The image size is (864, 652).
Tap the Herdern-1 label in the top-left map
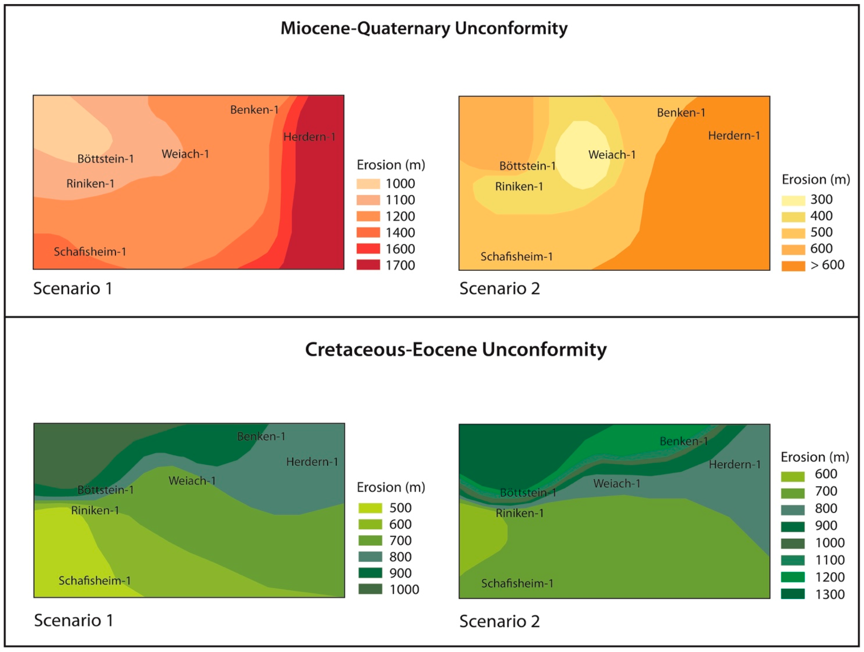(x=309, y=137)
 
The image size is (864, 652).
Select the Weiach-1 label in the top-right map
(x=612, y=155)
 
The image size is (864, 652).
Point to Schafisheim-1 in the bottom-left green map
(x=95, y=581)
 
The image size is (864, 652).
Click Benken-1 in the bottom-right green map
(x=684, y=441)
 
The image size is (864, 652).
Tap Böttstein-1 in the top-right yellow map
(x=527, y=166)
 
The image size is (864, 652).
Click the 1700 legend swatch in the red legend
(x=368, y=265)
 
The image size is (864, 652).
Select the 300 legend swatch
(x=793, y=200)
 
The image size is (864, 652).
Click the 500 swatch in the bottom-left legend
(x=370, y=508)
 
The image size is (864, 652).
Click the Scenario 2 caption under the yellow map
(x=499, y=289)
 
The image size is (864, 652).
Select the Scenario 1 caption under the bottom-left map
(x=73, y=620)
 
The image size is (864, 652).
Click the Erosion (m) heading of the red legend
(x=391, y=165)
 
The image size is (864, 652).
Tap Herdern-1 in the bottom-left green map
(x=312, y=462)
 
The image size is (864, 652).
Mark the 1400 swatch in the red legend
(x=368, y=232)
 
